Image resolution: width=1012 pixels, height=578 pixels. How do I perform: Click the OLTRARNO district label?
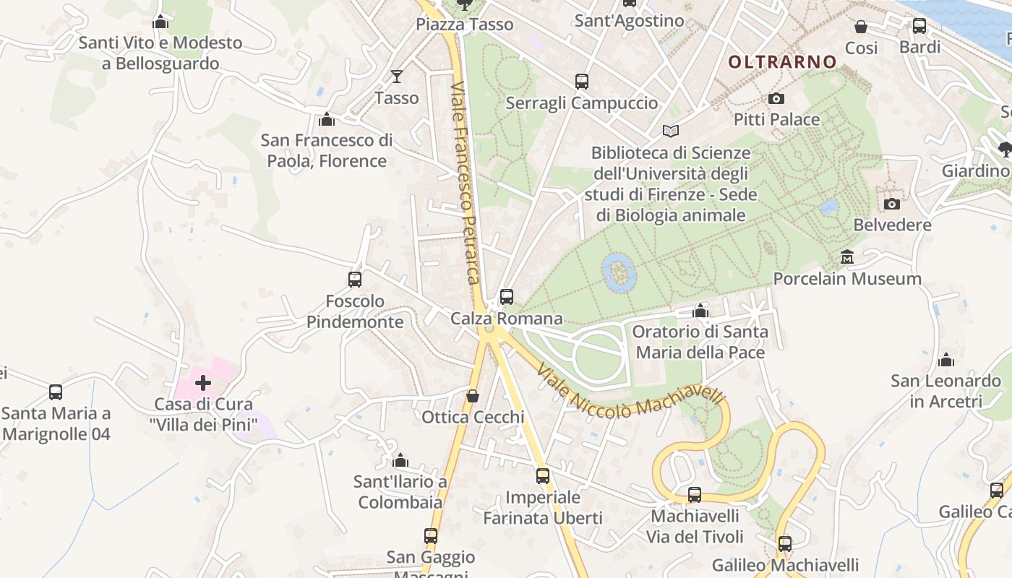(782, 62)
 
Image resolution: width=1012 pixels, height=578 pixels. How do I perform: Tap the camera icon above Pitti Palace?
(776, 98)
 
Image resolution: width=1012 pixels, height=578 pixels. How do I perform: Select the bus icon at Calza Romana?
(507, 296)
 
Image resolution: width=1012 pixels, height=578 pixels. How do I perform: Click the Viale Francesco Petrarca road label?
(465, 184)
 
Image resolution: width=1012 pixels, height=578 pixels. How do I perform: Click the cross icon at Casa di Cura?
(203, 382)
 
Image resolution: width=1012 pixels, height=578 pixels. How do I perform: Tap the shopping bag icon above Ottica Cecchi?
(472, 396)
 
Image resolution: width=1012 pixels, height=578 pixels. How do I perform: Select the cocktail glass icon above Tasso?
(396, 76)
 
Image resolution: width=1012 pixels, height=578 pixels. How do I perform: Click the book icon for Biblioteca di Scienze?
(671, 131)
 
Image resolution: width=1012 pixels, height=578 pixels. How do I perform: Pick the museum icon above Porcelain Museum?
(847, 256)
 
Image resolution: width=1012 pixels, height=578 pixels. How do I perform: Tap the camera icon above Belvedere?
(892, 204)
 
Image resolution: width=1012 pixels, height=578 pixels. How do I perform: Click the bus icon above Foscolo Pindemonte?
(355, 279)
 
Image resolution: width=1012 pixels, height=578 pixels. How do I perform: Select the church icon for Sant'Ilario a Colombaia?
(400, 460)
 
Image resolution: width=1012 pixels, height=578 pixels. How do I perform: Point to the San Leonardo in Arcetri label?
(945, 390)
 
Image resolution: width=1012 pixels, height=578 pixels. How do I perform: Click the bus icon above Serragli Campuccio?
(582, 82)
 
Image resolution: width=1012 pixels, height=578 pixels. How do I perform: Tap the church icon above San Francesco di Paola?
(327, 118)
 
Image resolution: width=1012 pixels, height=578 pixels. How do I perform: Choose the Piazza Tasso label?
(465, 25)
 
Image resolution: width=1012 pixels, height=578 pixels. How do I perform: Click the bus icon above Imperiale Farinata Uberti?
(543, 475)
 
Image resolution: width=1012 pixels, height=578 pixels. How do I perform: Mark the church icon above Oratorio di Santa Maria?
(700, 311)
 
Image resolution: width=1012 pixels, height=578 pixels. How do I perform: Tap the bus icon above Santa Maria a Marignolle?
(56, 392)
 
